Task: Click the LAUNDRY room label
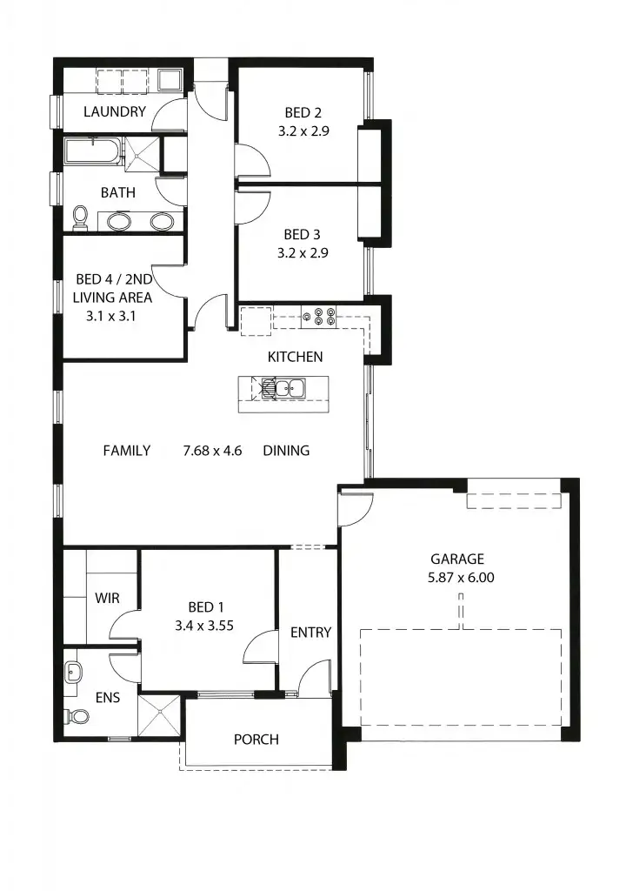(x=114, y=111)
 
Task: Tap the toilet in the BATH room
(x=81, y=218)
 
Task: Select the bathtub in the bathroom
(x=93, y=151)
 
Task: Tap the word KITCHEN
(x=295, y=357)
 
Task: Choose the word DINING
(x=286, y=451)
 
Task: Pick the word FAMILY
(x=126, y=451)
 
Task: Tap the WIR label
(x=106, y=599)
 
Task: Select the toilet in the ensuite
(x=77, y=716)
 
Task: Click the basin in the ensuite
(x=73, y=672)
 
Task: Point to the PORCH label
(x=256, y=740)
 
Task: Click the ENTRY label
(x=310, y=633)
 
